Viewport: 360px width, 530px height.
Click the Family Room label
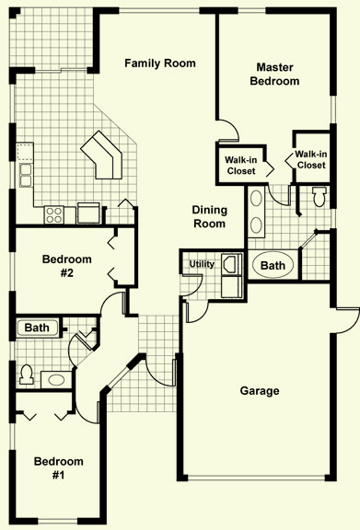pos(160,63)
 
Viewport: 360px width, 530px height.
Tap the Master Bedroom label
pos(274,75)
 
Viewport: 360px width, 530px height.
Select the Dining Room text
pos(209,216)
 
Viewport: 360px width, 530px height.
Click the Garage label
pos(260,391)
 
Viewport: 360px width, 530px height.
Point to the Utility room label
pos(202,264)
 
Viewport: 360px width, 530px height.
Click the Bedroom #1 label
pos(59,468)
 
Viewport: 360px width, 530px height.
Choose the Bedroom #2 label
pos(67,266)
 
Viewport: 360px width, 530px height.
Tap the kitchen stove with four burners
pos(54,214)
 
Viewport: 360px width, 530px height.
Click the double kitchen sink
pos(26,175)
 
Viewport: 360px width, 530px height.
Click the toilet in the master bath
pos(319,197)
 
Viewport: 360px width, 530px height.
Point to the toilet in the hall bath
pos(26,374)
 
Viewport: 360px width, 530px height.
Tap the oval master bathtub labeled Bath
pos(273,265)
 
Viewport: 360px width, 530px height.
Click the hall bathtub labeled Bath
pos(37,328)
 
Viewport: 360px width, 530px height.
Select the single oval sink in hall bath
pos(56,380)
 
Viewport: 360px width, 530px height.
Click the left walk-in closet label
pos(241,166)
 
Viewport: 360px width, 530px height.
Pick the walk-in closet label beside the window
pos(311,159)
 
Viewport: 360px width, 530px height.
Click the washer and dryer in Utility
pos(232,276)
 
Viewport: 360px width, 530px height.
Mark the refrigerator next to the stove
pos(88,213)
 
